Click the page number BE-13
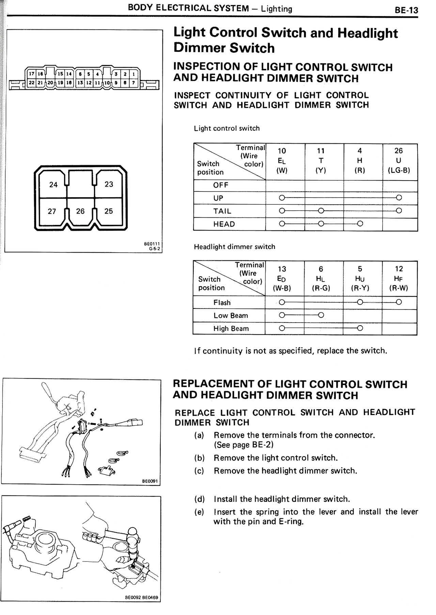pos(406,10)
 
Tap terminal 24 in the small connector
pos(53,185)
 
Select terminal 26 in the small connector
pos(80,211)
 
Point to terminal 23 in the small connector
pos(109,184)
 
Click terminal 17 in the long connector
pos(32,74)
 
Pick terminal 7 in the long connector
pos(133,82)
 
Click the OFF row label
pos(221,185)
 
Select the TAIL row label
pos(222,211)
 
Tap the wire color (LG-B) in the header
pos(399,170)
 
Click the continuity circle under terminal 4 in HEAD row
pos(360,224)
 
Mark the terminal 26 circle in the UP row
pos(399,198)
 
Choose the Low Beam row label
pos(231,316)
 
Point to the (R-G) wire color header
pos(321,288)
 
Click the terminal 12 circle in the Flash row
pos(399,302)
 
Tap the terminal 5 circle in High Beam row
pos(360,328)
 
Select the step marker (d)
pos(199,499)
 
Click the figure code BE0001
pos(150,481)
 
